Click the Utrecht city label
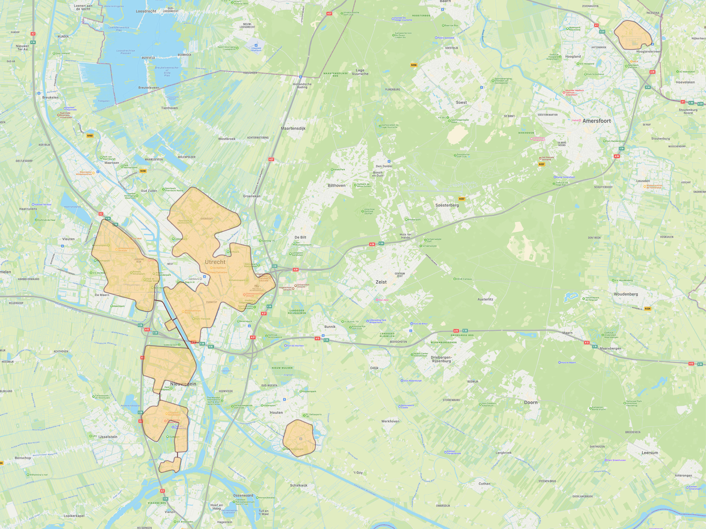[x=215, y=262]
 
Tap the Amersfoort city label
[x=597, y=121]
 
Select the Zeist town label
[x=381, y=282]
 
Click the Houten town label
[x=276, y=412]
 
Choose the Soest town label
[x=461, y=102]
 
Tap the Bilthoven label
[x=336, y=185]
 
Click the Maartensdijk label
[x=293, y=129]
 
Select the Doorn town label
[x=531, y=402]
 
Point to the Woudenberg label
[x=625, y=294]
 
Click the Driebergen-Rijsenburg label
[x=441, y=359]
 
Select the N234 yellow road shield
[x=414, y=65]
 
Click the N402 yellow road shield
[x=90, y=136]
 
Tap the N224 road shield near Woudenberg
[x=647, y=309]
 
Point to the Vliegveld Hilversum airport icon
[x=256, y=45]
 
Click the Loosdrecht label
[x=146, y=11]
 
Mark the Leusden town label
[x=643, y=181]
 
